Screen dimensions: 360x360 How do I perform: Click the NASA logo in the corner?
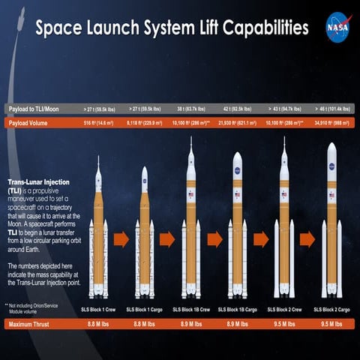(x=336, y=28)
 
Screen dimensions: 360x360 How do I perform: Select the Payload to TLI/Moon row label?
(x=34, y=109)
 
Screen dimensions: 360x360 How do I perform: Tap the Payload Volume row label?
(x=29, y=123)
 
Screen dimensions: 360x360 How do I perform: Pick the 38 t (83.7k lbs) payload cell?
(x=191, y=109)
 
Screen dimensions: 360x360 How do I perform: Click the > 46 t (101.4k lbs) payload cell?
(x=330, y=109)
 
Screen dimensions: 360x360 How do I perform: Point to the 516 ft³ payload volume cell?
(x=98, y=123)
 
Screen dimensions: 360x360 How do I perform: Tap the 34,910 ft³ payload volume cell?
(x=330, y=123)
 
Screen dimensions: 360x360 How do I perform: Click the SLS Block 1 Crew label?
(x=98, y=308)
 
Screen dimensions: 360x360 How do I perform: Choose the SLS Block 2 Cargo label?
(x=330, y=308)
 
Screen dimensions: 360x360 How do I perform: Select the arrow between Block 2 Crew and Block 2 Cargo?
(x=307, y=240)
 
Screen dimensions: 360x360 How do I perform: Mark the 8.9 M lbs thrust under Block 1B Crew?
(x=191, y=324)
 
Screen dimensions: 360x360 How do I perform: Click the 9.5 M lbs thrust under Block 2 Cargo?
(x=330, y=324)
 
